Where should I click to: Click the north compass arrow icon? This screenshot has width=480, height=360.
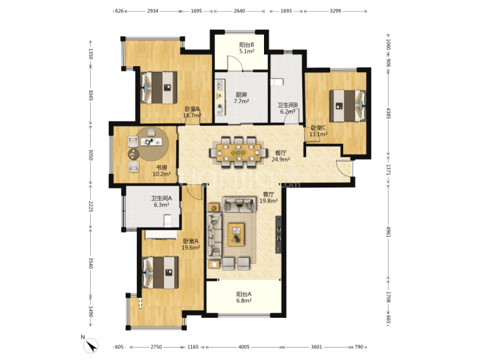pos(91,346)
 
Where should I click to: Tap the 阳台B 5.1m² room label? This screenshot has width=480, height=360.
pos(246,48)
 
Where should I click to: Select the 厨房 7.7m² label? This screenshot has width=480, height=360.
pos(241,98)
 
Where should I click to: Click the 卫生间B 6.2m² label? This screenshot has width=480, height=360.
pos(288,108)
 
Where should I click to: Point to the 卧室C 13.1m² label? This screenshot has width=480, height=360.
pos(318,131)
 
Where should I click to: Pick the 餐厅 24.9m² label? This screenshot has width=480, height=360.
pos(281,156)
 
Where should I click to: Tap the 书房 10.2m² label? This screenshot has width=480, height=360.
pos(162,171)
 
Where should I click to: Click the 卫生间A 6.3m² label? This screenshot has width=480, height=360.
pos(162,202)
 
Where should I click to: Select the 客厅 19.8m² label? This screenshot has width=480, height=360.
pos(269,197)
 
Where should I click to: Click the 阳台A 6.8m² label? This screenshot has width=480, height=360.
pos(244,297)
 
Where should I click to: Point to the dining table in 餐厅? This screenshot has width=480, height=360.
pos(239,152)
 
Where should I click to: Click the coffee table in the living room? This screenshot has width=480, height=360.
pos(235,235)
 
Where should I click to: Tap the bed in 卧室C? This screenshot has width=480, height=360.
pos(348,106)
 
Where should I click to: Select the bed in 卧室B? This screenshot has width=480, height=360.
pos(158,88)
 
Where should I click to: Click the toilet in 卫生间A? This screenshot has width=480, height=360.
pos(167,221)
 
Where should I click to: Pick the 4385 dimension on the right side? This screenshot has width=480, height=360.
pos(389,114)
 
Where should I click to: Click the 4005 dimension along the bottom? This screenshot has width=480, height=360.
pos(244,347)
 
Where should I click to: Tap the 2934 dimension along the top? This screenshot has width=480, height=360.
pos(152,11)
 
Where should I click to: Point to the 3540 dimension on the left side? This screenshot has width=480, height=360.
pos(91,263)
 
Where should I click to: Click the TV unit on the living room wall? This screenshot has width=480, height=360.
pos(278,235)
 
